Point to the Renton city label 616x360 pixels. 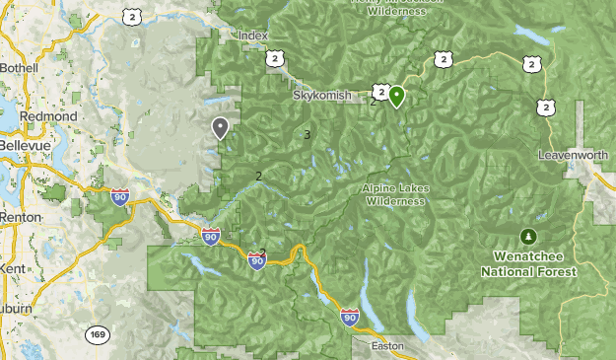click(21, 216)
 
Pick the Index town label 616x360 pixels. click(253, 36)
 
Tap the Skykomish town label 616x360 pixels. click(321, 96)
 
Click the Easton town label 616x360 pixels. click(387, 347)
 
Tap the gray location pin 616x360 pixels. click(220, 126)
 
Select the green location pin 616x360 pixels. click(396, 96)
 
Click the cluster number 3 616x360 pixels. click(308, 135)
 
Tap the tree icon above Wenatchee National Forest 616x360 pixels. click(529, 237)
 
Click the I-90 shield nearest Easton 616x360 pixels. click(350, 316)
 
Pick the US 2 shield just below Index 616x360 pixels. click(273, 58)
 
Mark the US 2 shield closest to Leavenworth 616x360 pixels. click(545, 106)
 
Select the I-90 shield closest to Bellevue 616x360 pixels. click(120, 196)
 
